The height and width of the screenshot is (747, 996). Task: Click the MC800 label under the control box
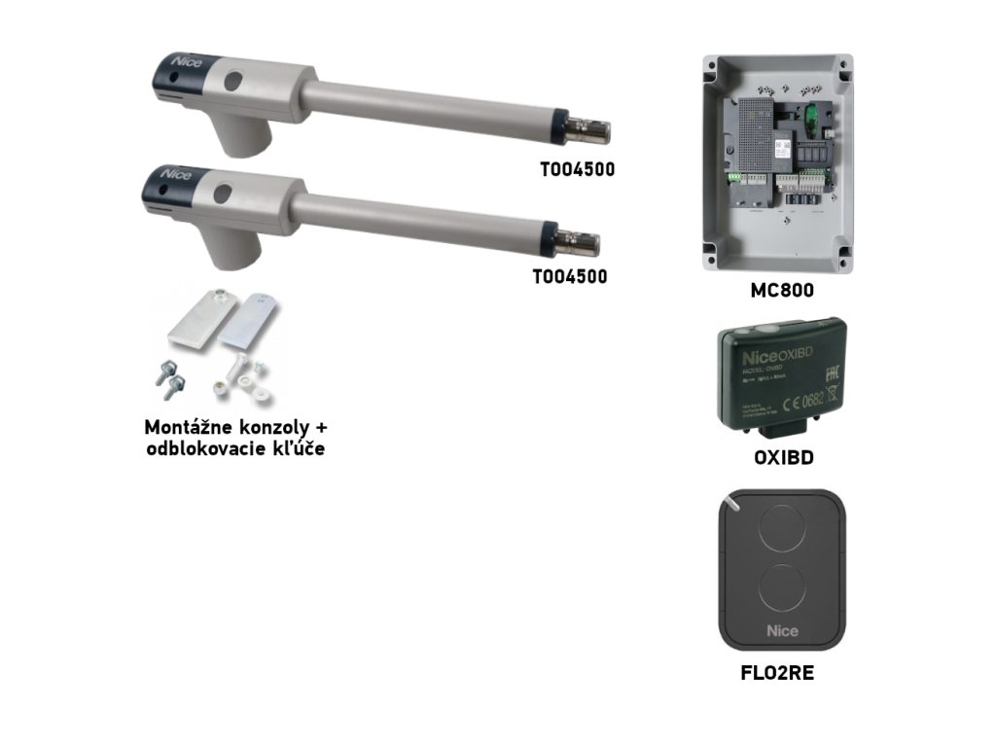776,290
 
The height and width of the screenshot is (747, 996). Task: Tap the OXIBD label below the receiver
776,458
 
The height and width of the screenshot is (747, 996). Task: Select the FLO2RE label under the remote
776,672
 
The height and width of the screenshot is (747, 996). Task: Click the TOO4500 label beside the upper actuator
578,169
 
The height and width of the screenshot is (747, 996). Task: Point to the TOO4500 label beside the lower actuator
570,276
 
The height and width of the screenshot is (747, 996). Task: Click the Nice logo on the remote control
782,630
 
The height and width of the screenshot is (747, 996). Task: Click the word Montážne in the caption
186,428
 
